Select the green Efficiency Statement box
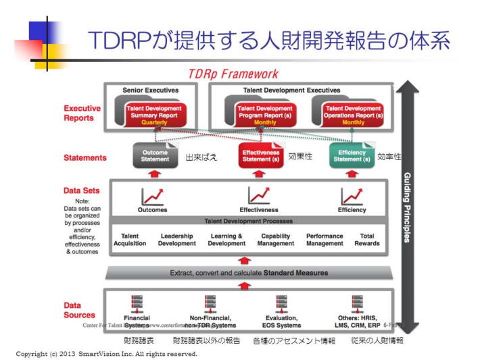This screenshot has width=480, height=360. (x=352, y=156)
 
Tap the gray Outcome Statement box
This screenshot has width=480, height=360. (x=155, y=156)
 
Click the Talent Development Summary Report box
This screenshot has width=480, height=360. (x=153, y=114)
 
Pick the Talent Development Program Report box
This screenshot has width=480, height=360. (x=266, y=114)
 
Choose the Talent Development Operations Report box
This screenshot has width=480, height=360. (x=353, y=114)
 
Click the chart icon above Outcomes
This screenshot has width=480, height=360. (x=152, y=196)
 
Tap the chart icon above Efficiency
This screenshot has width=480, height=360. (x=352, y=196)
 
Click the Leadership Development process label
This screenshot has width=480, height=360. (x=177, y=240)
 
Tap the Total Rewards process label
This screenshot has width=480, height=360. (x=367, y=240)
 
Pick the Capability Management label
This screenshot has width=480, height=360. (x=276, y=240)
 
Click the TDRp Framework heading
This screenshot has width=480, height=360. (x=233, y=74)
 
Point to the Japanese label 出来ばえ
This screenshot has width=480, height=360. (x=201, y=157)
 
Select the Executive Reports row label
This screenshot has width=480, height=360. (x=82, y=113)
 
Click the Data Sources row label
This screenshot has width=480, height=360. (x=80, y=310)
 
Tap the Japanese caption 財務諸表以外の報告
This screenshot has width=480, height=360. (x=206, y=340)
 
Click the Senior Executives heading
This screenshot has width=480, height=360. (x=151, y=90)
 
